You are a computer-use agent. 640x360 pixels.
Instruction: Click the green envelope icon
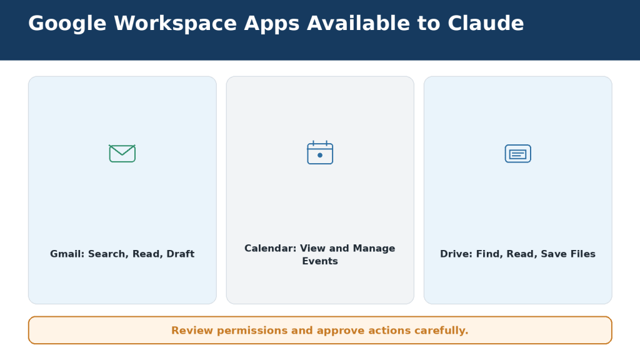(122, 154)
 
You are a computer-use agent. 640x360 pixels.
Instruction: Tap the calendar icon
(320, 152)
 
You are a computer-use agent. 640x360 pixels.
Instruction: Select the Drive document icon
(518, 154)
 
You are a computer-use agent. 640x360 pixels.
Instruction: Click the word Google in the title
(67, 24)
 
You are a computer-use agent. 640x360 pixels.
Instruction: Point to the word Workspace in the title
(175, 24)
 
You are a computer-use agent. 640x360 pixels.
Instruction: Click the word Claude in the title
(486, 23)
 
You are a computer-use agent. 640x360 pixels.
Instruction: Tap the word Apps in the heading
(272, 24)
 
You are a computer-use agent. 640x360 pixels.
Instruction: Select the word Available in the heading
(358, 23)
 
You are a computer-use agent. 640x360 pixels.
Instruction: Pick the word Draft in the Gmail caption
(181, 254)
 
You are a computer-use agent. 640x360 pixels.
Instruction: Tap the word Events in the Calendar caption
(320, 261)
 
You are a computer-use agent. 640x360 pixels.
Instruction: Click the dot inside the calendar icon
(320, 155)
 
